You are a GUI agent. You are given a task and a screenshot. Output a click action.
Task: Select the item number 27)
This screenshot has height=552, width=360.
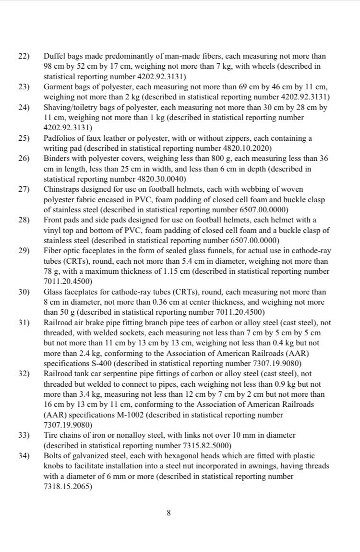click(x=24, y=189)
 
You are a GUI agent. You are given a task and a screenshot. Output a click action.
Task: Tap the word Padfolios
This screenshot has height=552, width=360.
click(x=60, y=138)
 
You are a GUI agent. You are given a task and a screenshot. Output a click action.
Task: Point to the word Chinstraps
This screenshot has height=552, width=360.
click(x=61, y=189)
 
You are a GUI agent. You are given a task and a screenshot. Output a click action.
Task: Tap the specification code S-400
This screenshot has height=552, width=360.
click(x=97, y=363)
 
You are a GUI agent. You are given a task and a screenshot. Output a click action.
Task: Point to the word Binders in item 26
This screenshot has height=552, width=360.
click(x=57, y=159)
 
